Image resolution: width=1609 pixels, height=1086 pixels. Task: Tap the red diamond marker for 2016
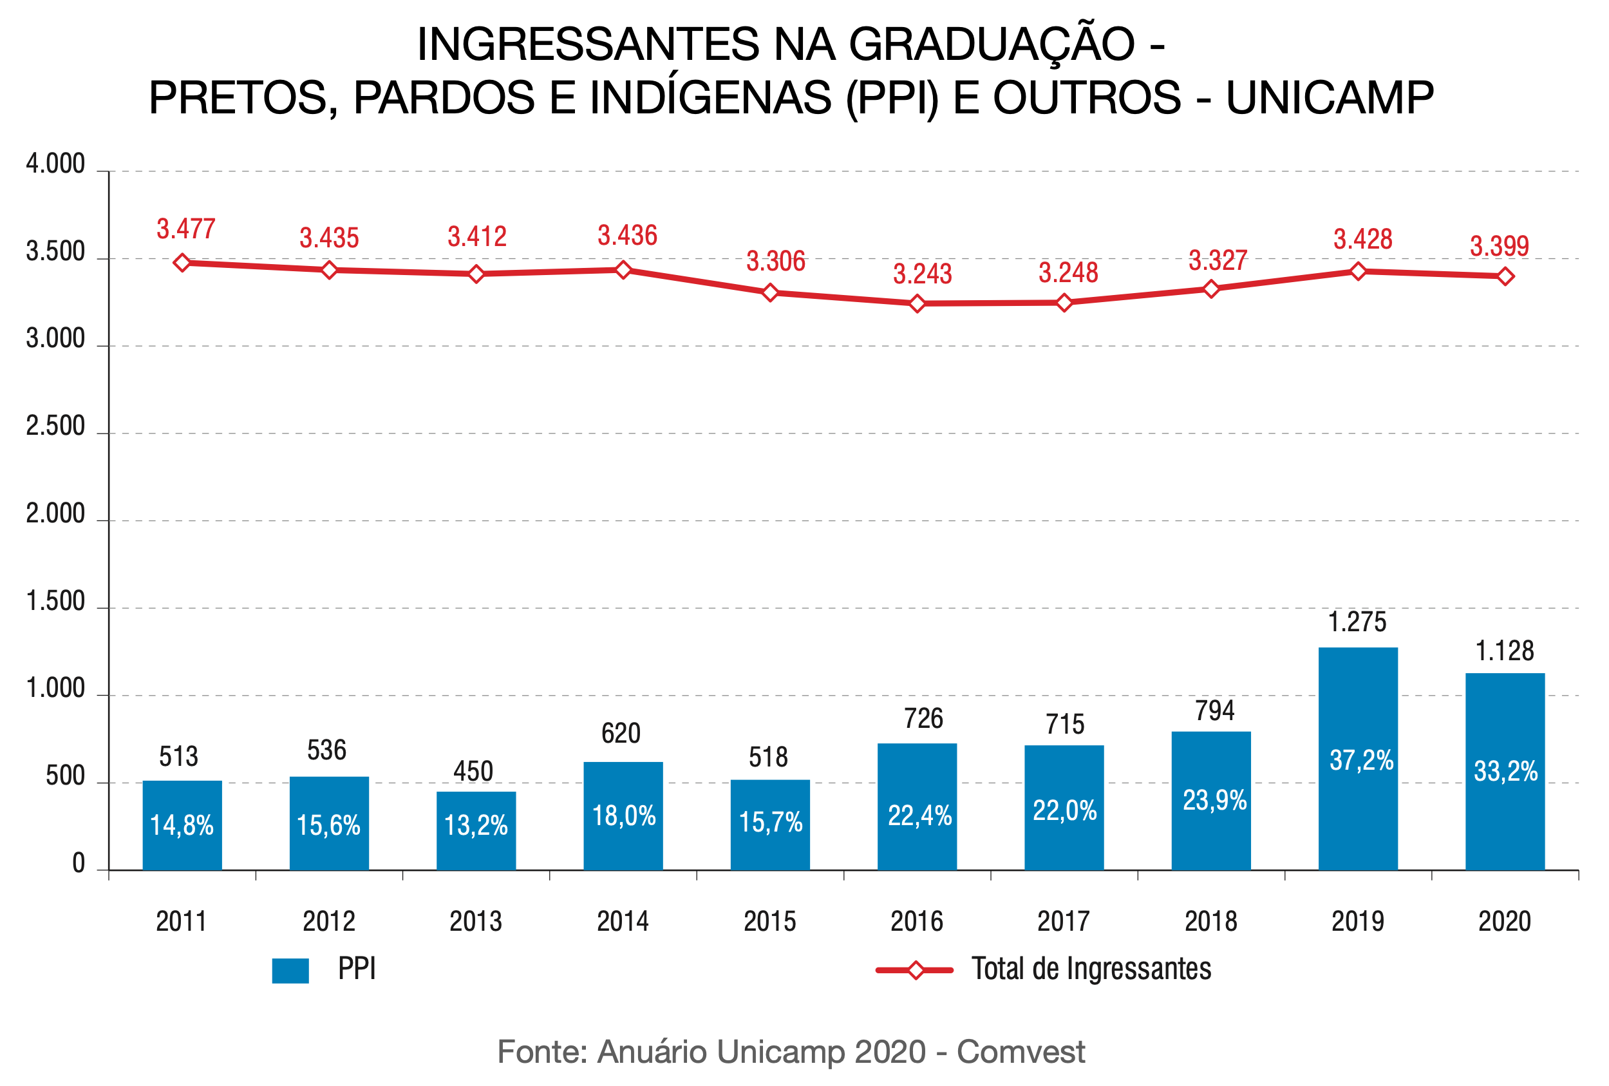pyautogui.click(x=917, y=303)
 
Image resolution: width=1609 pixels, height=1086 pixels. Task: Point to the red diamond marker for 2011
pyautogui.click(x=182, y=263)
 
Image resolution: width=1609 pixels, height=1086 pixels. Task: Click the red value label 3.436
pyautogui.click(x=627, y=236)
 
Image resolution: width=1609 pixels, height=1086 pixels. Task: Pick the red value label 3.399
pyautogui.click(x=1499, y=246)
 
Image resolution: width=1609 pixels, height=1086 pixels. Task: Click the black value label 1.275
pyautogui.click(x=1357, y=622)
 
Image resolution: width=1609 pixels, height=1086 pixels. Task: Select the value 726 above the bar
pyautogui.click(x=923, y=718)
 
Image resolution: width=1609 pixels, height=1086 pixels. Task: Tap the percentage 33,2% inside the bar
pyautogui.click(x=1505, y=771)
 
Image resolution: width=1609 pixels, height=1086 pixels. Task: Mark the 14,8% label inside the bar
pyautogui.click(x=182, y=825)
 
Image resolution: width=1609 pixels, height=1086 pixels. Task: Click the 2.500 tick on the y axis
pyautogui.click(x=55, y=426)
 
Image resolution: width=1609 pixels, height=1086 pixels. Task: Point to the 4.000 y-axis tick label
pyautogui.click(x=55, y=164)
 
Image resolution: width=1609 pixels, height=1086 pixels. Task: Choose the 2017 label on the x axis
pyautogui.click(x=1064, y=921)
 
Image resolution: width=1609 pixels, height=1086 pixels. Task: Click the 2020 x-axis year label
pyautogui.click(x=1505, y=921)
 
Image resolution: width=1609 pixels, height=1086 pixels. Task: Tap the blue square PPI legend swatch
pyautogui.click(x=290, y=970)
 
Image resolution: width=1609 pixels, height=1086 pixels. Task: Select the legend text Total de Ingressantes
pyautogui.click(x=1091, y=969)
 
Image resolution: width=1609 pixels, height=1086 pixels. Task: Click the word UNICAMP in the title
pyautogui.click(x=1330, y=97)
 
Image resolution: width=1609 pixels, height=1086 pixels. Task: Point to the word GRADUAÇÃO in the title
pyautogui.click(x=992, y=44)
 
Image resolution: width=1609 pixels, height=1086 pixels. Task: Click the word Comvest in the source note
pyautogui.click(x=1021, y=1051)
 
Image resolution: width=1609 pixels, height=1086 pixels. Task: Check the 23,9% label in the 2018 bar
pyautogui.click(x=1214, y=801)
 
